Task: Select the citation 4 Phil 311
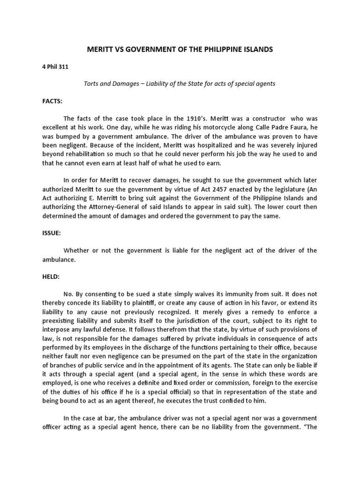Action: pyautogui.click(x=55, y=67)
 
